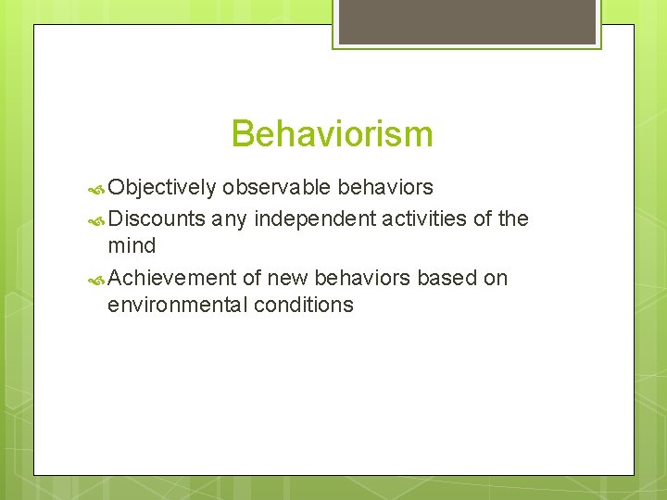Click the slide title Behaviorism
(x=332, y=134)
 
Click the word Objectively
(x=162, y=188)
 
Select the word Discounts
(x=157, y=219)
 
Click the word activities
(x=427, y=219)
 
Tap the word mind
(x=132, y=246)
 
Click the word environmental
(x=172, y=305)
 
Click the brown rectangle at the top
(x=467, y=21)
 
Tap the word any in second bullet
(x=229, y=219)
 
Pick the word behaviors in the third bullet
(x=362, y=278)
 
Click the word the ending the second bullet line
(x=512, y=219)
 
